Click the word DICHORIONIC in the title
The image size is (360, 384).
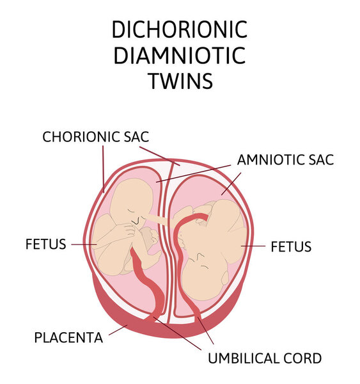[x=180, y=29]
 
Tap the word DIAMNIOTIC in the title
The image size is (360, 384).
[x=180, y=56]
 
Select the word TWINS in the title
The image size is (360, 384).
[x=181, y=81]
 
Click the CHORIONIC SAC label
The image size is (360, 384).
[x=96, y=137]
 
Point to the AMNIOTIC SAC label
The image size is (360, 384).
[x=286, y=160]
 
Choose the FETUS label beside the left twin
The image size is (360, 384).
[x=46, y=244]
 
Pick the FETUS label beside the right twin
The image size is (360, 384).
[x=291, y=246]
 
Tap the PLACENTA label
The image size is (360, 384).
[x=68, y=337]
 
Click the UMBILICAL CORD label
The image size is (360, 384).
[x=265, y=358]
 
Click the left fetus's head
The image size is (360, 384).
[x=131, y=201]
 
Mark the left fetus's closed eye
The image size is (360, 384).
[x=131, y=211]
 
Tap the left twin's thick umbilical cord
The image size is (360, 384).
[x=149, y=284]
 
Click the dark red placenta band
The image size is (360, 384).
[x=166, y=328]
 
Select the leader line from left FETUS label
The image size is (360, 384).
[x=84, y=244]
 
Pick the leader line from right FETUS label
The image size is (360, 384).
[x=253, y=246]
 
